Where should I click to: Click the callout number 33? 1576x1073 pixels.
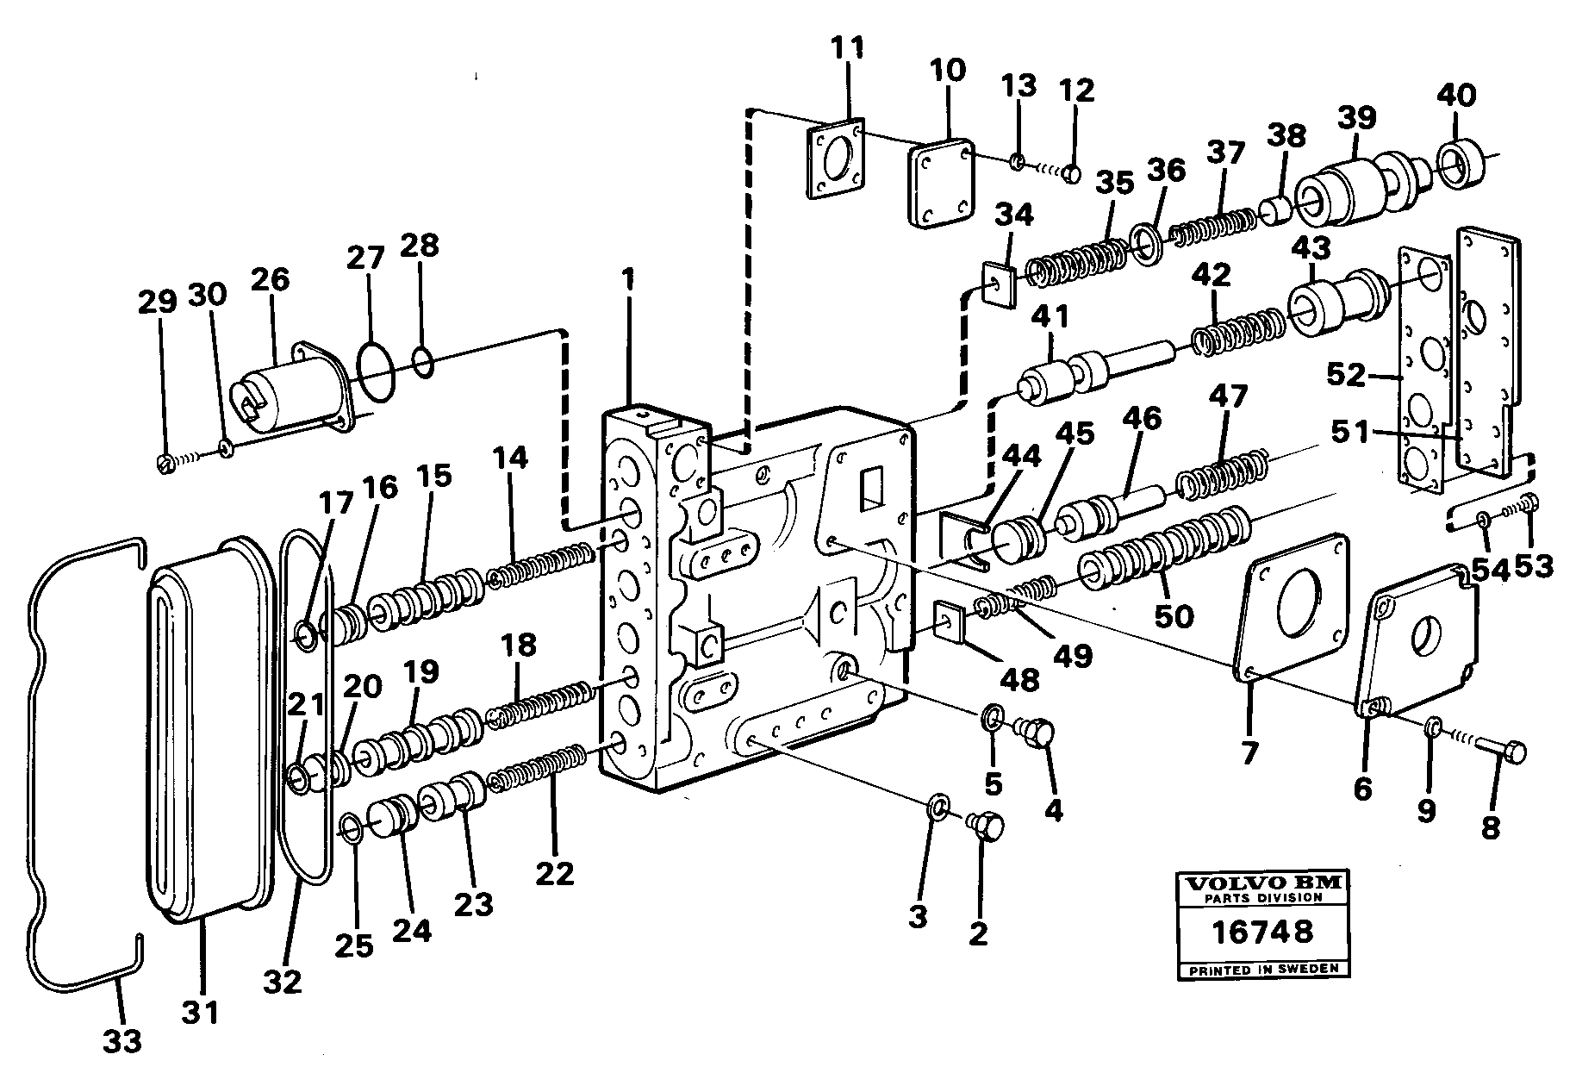[x=121, y=1041]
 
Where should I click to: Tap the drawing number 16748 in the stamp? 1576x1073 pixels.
[x=1263, y=932]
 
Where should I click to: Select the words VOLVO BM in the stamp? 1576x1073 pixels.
[x=1263, y=883]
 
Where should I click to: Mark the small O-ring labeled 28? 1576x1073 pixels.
[x=423, y=362]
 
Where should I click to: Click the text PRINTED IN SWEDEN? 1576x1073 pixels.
[x=1263, y=969]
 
